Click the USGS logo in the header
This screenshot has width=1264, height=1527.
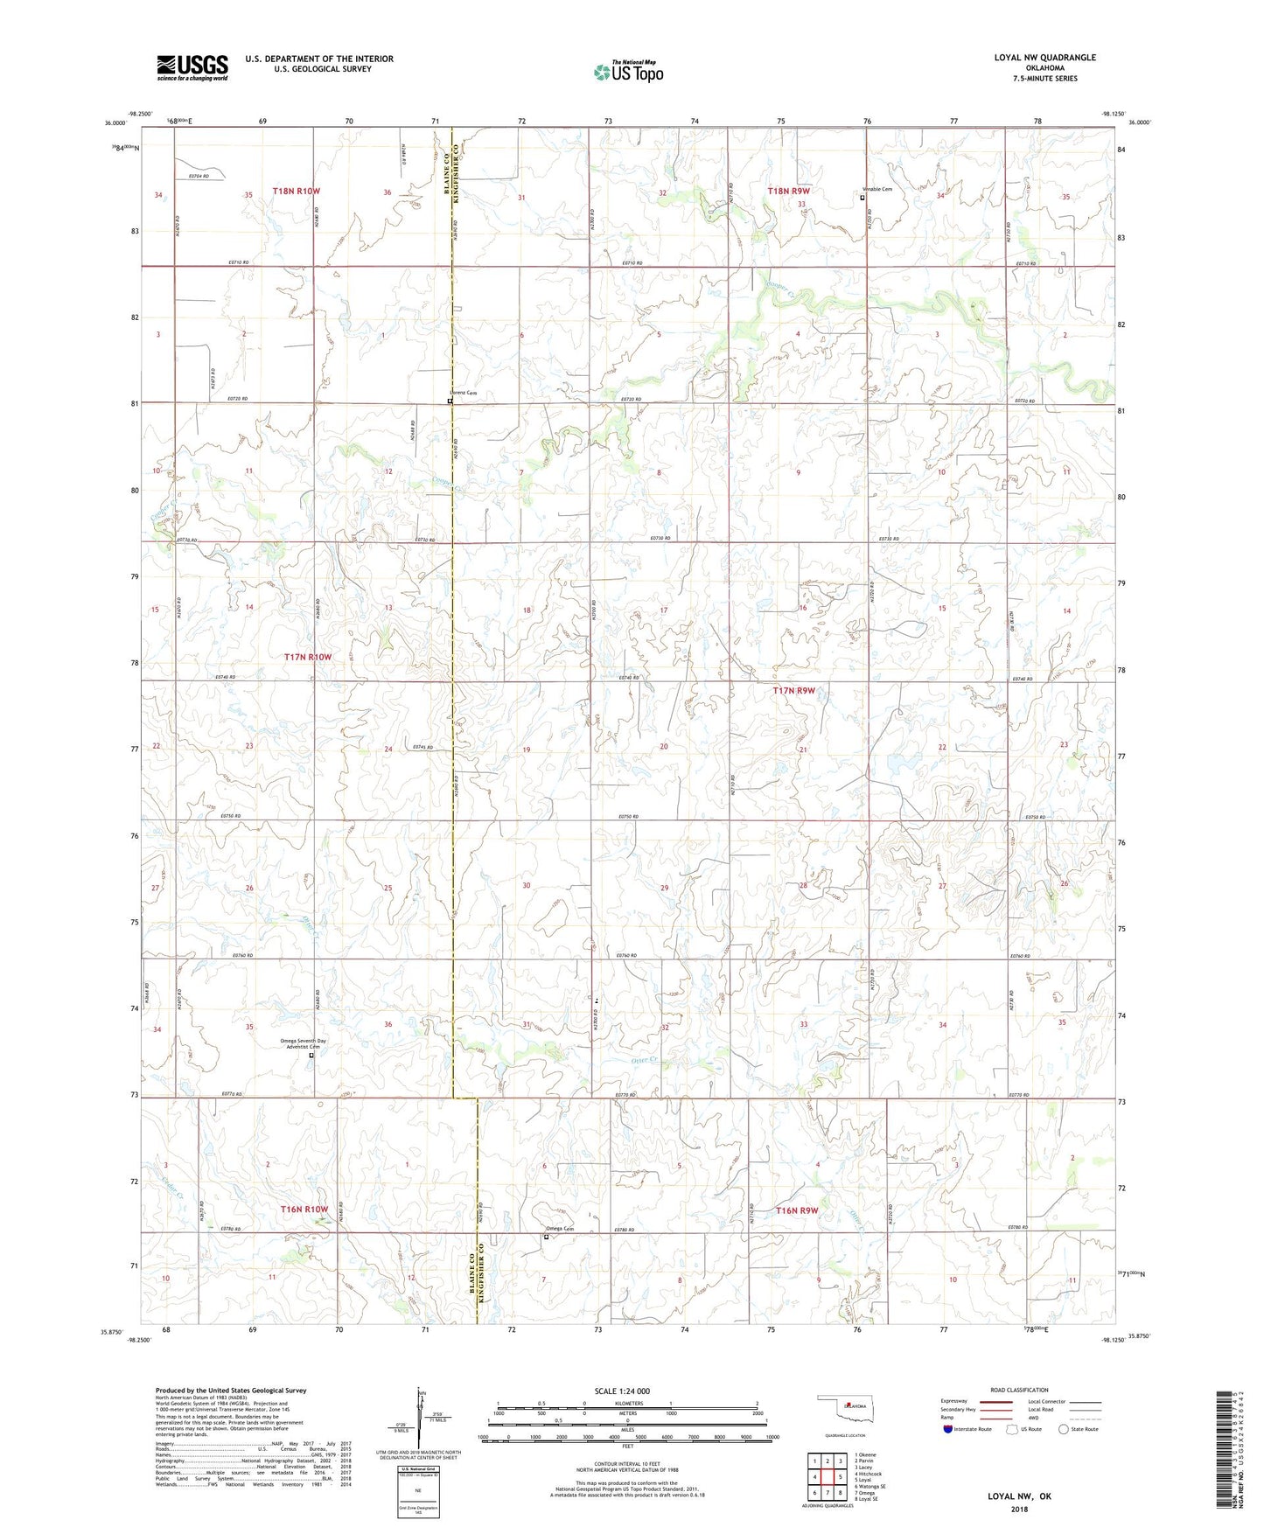(x=192, y=66)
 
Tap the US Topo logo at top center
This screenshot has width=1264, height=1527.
(x=627, y=71)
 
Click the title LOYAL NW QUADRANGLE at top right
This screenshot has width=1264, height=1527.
(x=1044, y=58)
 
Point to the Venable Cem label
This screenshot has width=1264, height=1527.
(x=877, y=190)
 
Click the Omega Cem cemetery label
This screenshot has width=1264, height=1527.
(x=561, y=1229)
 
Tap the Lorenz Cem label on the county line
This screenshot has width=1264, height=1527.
(x=465, y=394)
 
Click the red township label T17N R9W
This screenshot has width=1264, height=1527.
(x=793, y=691)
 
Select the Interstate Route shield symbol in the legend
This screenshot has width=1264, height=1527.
(x=947, y=1429)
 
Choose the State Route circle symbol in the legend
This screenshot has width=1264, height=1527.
(x=1063, y=1429)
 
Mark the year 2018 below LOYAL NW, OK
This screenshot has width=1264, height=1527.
(x=1019, y=1509)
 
